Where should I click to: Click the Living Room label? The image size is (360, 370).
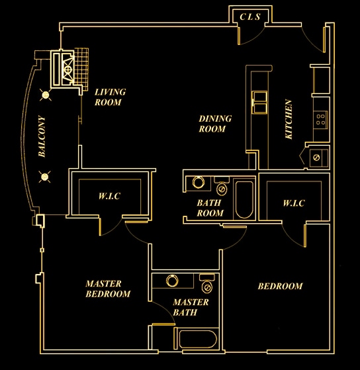click(109, 97)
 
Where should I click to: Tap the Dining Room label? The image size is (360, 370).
click(215, 124)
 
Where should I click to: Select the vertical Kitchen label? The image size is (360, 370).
click(289, 119)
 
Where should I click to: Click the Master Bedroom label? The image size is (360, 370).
click(108, 289)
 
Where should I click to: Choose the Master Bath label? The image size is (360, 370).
click(191, 308)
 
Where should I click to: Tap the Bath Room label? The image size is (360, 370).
click(210, 208)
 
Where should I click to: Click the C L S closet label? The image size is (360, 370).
click(249, 17)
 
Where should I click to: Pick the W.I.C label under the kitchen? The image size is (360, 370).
click(292, 203)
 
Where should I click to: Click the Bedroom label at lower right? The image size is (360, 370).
click(279, 287)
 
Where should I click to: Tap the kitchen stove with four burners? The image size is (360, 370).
click(321, 119)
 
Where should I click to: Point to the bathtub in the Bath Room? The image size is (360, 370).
click(243, 199)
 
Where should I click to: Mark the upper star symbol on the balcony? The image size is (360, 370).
click(46, 95)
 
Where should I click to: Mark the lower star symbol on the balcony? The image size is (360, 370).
click(46, 175)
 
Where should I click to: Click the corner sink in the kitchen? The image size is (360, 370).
click(316, 158)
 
